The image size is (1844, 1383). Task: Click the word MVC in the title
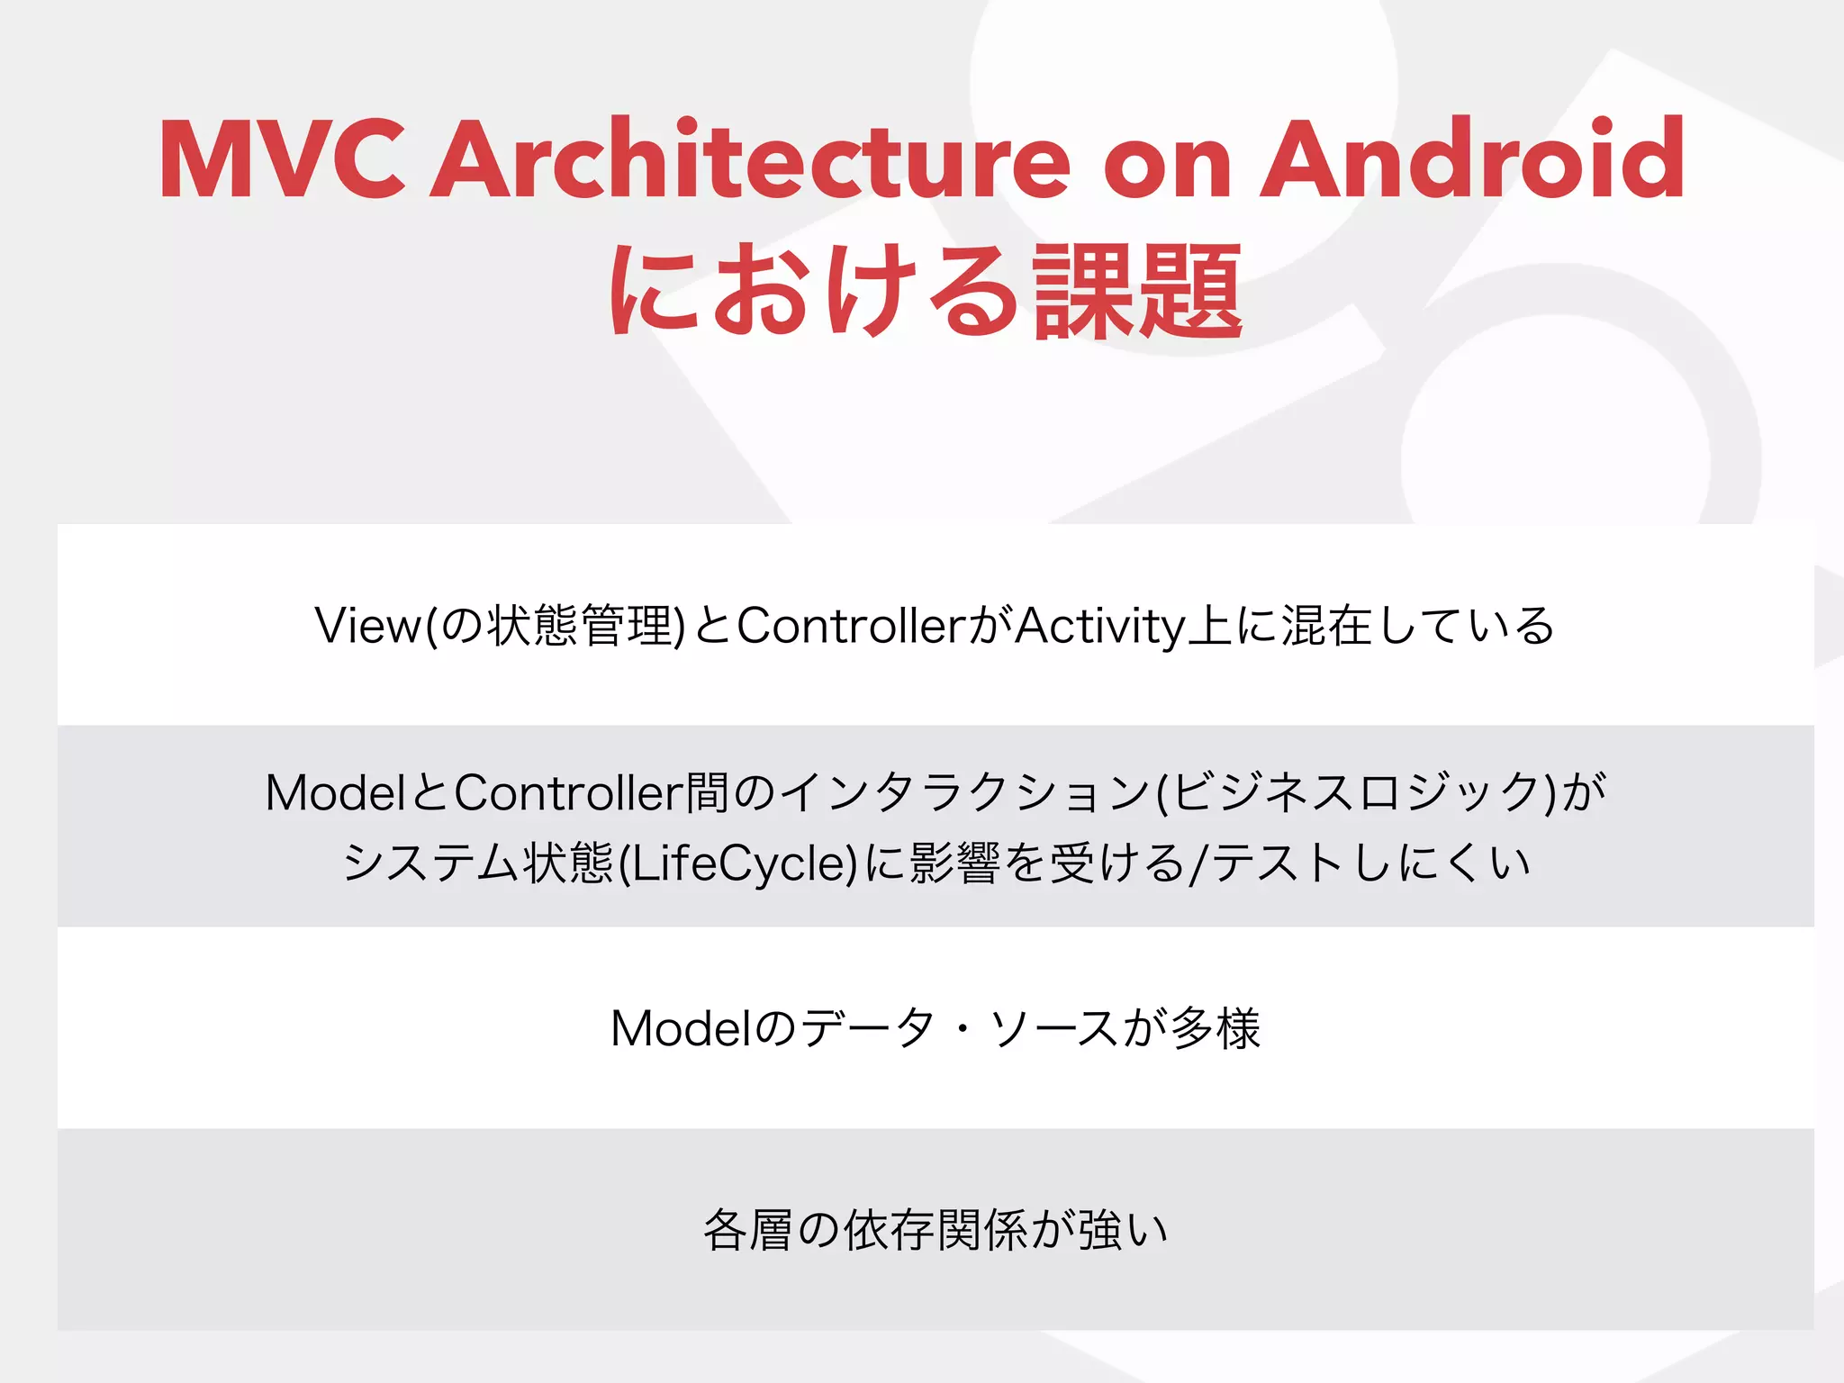(x=282, y=159)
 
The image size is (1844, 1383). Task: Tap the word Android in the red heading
(x=1472, y=159)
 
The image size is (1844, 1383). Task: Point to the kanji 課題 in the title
(x=1138, y=292)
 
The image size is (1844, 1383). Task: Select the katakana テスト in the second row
(x=1278, y=863)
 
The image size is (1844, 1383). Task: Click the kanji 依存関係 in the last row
(x=936, y=1231)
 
